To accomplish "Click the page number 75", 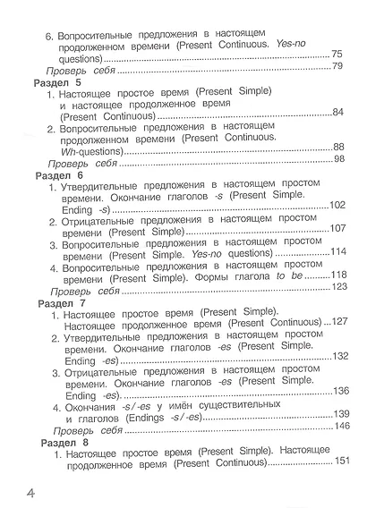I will click(x=337, y=54).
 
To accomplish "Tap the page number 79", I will click(x=338, y=66).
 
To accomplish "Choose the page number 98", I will click(x=338, y=159).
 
